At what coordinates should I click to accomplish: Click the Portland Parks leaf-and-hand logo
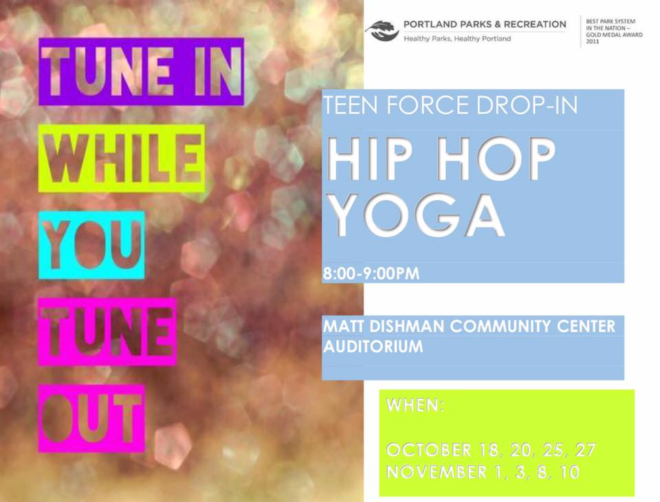point(382,31)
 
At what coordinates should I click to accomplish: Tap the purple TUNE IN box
point(142,72)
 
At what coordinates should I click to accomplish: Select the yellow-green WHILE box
point(122,158)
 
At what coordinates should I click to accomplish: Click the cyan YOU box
point(91,245)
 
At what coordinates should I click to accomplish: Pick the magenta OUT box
point(91,418)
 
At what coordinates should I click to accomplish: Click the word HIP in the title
point(370,158)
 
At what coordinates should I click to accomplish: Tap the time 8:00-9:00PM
point(371,274)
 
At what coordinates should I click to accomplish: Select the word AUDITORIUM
point(373,347)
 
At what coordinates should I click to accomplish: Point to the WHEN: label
point(415,405)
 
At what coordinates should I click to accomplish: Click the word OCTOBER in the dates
point(429,450)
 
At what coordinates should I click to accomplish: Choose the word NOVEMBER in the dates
point(437,472)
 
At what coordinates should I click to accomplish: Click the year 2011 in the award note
point(592,41)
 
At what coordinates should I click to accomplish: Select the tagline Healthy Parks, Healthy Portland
point(457,39)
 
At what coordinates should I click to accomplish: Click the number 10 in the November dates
point(569,472)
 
